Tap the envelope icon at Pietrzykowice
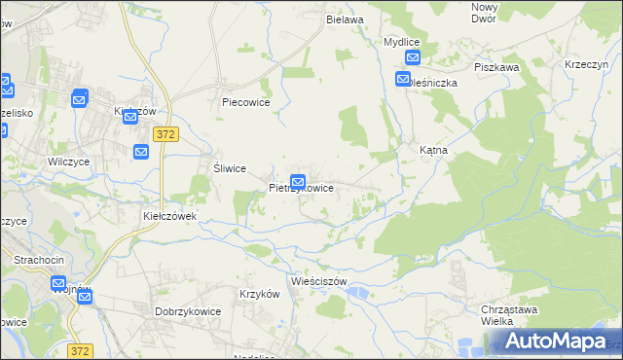pos(299,181)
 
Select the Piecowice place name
pos(245,102)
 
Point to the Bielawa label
pos(345,19)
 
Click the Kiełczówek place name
pos(170,215)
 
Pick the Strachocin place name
pos(38,260)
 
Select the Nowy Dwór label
pos(484,13)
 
